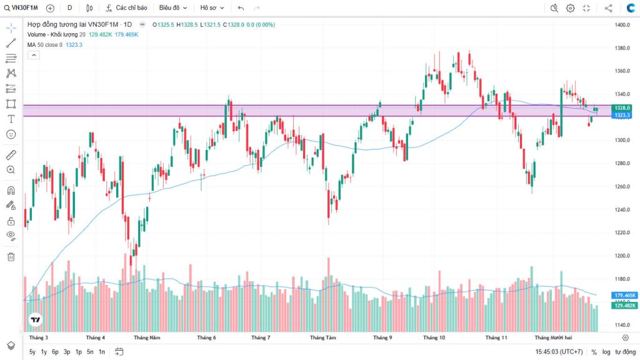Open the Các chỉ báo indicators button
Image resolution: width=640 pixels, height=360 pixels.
tap(127, 8)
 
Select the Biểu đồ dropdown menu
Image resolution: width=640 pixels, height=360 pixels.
tap(172, 8)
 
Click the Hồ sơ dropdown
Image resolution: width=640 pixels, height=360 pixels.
tap(211, 8)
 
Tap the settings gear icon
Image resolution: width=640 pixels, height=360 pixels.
tap(570, 8)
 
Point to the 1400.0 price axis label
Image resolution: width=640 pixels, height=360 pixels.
tap(621, 25)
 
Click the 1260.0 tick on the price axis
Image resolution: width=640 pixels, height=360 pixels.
tap(621, 186)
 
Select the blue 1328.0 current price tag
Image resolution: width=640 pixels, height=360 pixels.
tap(621, 108)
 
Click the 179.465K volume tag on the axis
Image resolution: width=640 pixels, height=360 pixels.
tap(624, 296)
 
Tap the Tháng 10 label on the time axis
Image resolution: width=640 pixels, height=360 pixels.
tap(434, 337)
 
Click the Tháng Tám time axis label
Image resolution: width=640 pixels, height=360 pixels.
tap(323, 337)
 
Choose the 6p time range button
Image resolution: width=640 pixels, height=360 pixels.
tap(55, 352)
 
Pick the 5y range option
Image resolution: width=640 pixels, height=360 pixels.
tap(32, 352)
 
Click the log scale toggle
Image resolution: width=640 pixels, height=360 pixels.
tap(606, 352)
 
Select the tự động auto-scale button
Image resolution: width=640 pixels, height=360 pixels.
tap(624, 352)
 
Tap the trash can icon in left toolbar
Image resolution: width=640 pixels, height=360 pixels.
tap(11, 256)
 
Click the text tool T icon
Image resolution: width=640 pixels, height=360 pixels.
tap(11, 119)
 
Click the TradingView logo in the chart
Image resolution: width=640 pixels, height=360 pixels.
tap(36, 319)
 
